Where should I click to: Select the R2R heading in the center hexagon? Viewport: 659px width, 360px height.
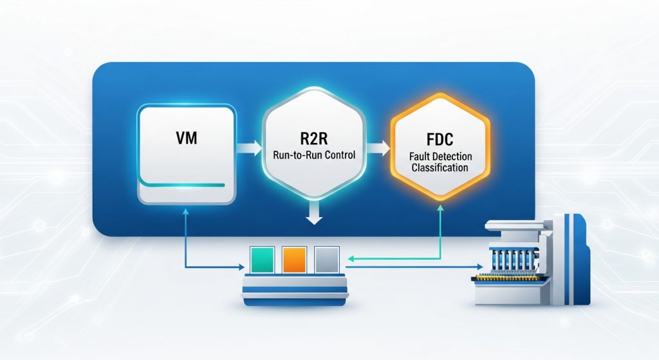[x=313, y=137]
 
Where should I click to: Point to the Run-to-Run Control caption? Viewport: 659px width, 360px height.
[x=313, y=155]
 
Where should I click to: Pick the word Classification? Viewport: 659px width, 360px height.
[x=441, y=167]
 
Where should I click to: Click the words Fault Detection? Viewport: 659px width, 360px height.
[x=441, y=156]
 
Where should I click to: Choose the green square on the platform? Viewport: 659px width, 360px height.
[x=261, y=259]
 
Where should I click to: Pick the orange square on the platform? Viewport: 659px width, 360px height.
[x=293, y=259]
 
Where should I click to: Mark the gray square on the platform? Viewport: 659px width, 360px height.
[x=325, y=259]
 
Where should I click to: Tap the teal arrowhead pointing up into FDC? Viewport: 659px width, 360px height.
[x=441, y=209]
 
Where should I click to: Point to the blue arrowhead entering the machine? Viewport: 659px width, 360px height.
[x=478, y=266]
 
